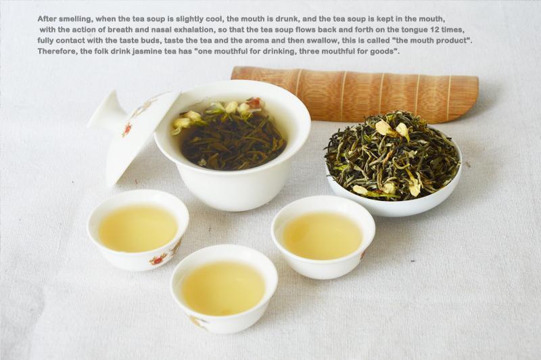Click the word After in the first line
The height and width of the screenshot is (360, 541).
click(x=47, y=18)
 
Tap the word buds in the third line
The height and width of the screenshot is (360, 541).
click(x=153, y=41)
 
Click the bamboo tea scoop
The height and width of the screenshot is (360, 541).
click(x=354, y=91)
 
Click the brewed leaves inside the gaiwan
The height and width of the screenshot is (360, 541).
click(x=230, y=136)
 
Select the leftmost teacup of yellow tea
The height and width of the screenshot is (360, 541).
click(x=138, y=229)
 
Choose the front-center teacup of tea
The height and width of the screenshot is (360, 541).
click(x=224, y=288)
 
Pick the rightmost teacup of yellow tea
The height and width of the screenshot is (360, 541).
click(x=323, y=237)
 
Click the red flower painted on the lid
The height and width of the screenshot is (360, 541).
click(x=126, y=129)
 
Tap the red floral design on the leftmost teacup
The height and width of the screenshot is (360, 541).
click(x=159, y=258)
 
